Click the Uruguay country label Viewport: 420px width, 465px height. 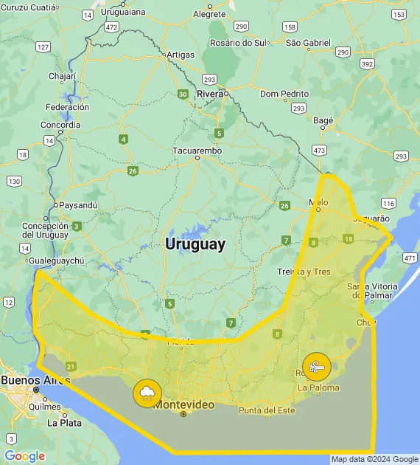click(195, 244)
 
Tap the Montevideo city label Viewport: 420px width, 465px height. click(183, 405)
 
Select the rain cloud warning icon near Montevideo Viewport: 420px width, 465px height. click(147, 393)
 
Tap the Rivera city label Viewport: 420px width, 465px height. click(210, 94)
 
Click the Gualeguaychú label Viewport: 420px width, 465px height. click(57, 261)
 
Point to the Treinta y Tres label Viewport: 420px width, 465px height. click(304, 272)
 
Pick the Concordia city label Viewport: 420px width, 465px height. click(61, 125)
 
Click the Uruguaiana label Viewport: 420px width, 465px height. click(123, 12)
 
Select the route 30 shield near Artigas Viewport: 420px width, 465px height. click(182, 94)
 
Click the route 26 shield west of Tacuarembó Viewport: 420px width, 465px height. click(133, 171)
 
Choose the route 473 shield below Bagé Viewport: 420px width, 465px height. click(319, 150)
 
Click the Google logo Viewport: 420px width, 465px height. click(24, 456)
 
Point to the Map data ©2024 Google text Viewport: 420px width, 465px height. click(374, 459)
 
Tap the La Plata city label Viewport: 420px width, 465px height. click(64, 423)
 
